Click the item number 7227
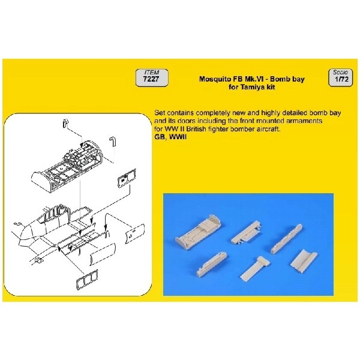pos(151,79)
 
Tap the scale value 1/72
pos(341,79)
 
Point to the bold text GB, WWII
pos(170,137)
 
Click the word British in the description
pos(196,129)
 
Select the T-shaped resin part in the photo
pos(255,268)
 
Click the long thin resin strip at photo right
pos(286,239)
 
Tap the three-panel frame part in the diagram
pos(87,280)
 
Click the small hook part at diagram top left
pos(65,123)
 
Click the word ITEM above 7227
pos(152,73)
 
